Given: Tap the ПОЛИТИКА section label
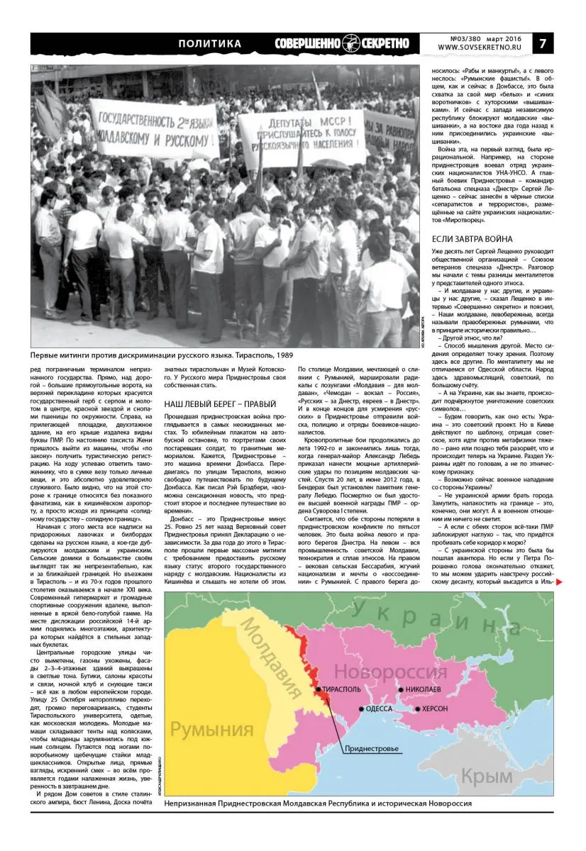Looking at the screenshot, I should [x=209, y=43].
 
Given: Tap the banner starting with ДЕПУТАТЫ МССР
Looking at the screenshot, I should [x=301, y=137].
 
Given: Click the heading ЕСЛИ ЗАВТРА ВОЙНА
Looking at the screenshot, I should [x=472, y=239].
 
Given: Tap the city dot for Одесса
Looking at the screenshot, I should [x=362, y=708].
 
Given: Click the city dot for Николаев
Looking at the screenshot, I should [x=401, y=689].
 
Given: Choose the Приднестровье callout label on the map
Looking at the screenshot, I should [x=372, y=749].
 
